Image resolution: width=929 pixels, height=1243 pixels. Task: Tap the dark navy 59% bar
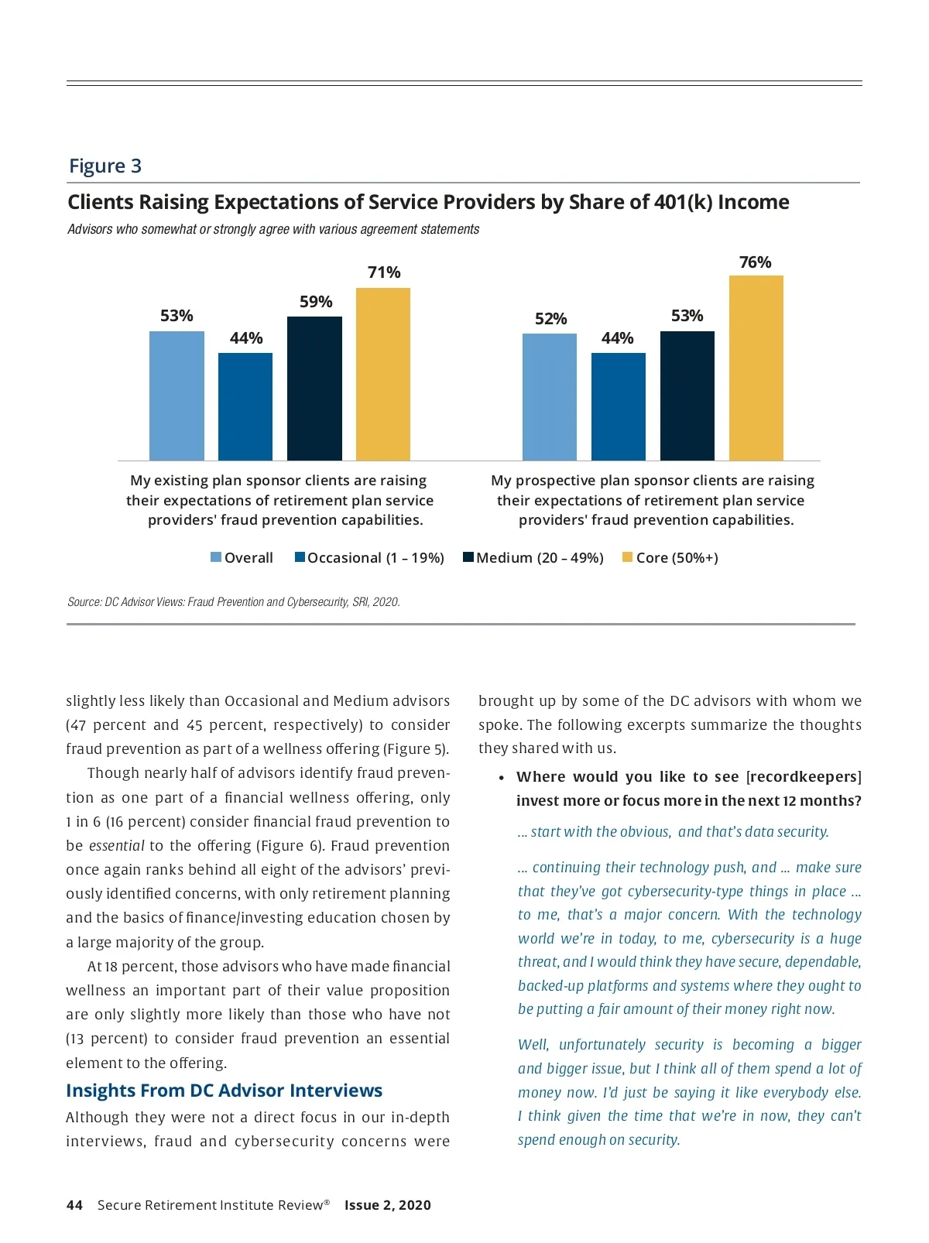[x=314, y=389]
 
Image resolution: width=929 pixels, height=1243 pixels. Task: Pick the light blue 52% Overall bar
[x=550, y=397]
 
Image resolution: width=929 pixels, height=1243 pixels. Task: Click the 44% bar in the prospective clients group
[x=619, y=406]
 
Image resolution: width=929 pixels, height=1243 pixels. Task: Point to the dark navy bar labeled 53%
[x=687, y=395]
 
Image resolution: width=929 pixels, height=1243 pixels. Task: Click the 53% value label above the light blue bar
[x=177, y=316]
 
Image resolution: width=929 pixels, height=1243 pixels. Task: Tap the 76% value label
[x=755, y=262]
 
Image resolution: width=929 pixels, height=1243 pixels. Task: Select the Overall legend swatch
[x=216, y=557]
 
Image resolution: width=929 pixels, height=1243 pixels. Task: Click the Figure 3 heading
[x=105, y=166]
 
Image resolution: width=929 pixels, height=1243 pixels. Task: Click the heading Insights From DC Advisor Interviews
[x=224, y=1091]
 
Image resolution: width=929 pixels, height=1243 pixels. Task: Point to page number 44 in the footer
[x=74, y=1205]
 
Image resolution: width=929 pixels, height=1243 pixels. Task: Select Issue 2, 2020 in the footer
[x=387, y=1205]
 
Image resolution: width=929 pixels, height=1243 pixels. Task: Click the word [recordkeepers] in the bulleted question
[x=804, y=777]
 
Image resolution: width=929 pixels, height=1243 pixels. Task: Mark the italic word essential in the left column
[x=116, y=846]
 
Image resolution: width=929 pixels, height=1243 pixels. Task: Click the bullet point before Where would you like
[x=502, y=778]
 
